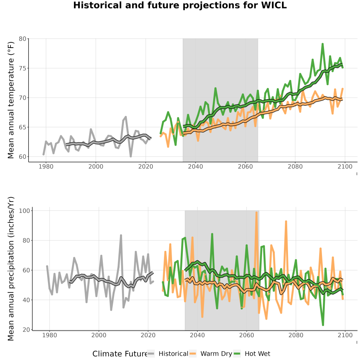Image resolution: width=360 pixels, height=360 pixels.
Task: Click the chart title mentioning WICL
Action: pyautogui.click(x=180, y=5)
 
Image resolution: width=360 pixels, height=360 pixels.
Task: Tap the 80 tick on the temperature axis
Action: pyautogui.click(x=22, y=39)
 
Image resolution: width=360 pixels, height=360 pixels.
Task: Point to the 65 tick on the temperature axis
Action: pyautogui.click(x=22, y=127)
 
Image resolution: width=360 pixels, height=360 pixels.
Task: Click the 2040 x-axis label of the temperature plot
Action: pyautogui.click(x=195, y=166)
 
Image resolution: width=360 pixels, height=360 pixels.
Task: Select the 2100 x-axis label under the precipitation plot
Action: pyautogui.click(x=345, y=335)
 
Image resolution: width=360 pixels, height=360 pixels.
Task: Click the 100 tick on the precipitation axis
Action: pyautogui.click(x=24, y=211)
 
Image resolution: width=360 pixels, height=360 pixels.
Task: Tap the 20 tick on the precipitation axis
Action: pyautogui.click(x=26, y=330)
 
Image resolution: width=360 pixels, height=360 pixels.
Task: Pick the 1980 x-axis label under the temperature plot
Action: pyautogui.click(x=46, y=166)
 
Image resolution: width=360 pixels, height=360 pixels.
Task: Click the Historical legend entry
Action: pyautogui.click(x=168, y=354)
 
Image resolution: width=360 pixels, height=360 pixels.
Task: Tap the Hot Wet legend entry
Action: pyautogui.click(x=252, y=354)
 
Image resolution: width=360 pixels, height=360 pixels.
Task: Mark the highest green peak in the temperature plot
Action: pyautogui.click(x=322, y=44)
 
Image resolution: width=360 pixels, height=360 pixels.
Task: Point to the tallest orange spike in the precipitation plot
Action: pyautogui.click(x=256, y=213)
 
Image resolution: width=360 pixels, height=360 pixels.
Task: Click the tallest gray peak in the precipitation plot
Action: pyautogui.click(x=121, y=235)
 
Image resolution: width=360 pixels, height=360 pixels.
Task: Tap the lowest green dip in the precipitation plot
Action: pyautogui.click(x=323, y=325)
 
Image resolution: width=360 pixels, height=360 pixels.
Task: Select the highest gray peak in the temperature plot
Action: pyautogui.click(x=126, y=117)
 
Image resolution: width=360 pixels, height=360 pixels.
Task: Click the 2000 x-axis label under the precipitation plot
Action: pyautogui.click(x=99, y=335)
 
